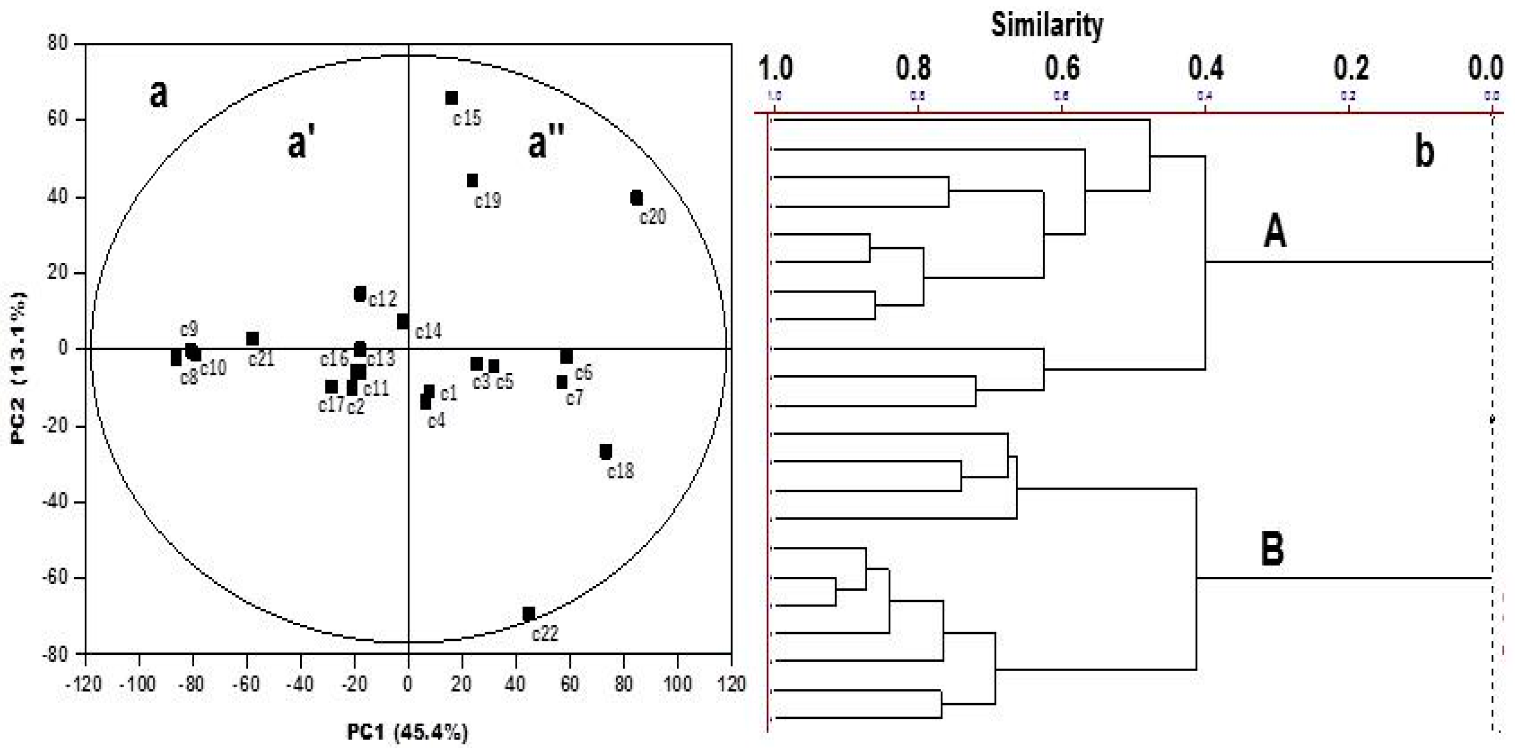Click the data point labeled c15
[451, 98]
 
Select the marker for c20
[636, 198]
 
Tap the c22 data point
[528, 614]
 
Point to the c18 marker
[606, 452]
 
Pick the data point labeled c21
[252, 339]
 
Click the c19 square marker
[472, 180]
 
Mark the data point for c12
[360, 293]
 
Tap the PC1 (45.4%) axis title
[408, 732]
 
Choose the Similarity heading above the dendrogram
[1047, 25]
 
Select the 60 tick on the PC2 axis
[57, 120]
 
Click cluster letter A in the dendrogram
[1274, 232]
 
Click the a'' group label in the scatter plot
[546, 143]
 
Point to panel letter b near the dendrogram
[1424, 152]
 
